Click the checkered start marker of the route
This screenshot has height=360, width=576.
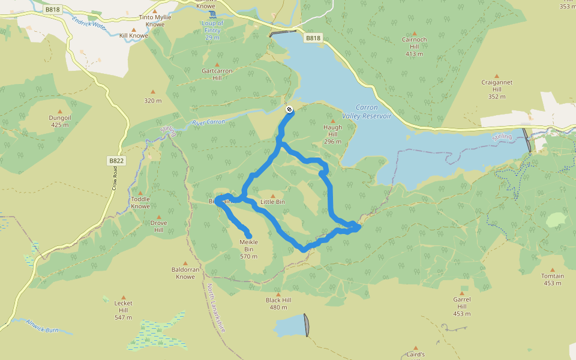pos(289,109)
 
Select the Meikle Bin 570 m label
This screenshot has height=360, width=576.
pos(248,249)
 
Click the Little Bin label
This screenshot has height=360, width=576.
pos(272,202)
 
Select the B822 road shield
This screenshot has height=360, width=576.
pos(116,161)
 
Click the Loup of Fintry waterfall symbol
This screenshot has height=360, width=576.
pos(212,14)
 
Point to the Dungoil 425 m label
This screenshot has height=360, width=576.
pos(60,121)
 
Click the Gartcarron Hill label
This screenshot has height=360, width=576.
pos(217,74)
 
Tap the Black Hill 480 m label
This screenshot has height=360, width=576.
pos(278,304)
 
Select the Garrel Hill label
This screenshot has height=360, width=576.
pos(462,302)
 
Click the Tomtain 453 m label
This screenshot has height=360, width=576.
pos(553,280)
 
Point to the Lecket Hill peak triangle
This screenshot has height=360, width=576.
pos(123,296)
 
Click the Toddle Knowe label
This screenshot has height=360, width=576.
pos(140,203)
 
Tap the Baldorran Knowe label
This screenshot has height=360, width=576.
pos(185,273)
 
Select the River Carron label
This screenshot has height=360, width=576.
pos(208,122)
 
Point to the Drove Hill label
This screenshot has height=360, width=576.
pos(158,226)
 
